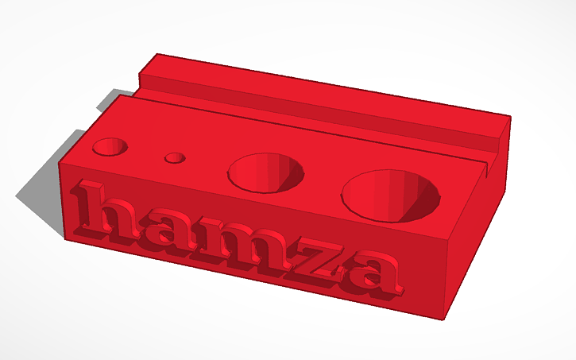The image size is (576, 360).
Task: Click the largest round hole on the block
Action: pos(391,195)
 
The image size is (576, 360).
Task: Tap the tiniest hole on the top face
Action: pos(175,158)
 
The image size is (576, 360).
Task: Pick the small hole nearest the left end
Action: pos(110,146)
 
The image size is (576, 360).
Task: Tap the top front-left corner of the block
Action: pos(60,162)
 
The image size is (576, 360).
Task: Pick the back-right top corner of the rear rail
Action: pos(511,117)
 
